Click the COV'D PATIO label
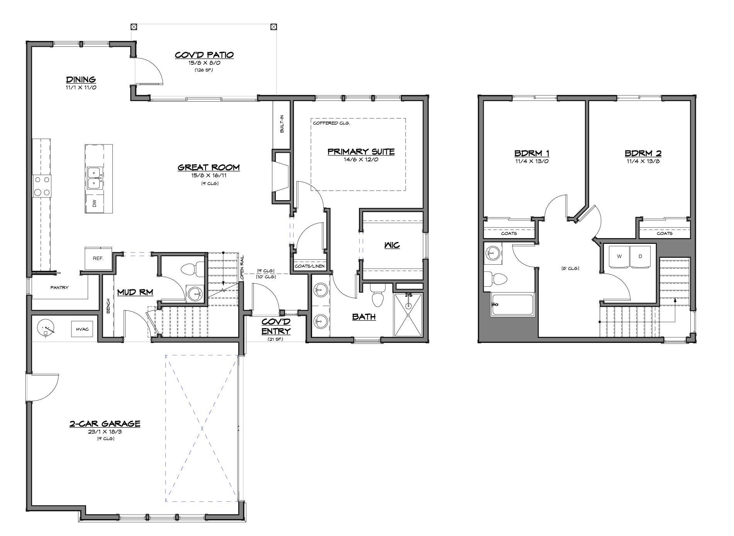pyautogui.click(x=204, y=55)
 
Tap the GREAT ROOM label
pyautogui.click(x=209, y=168)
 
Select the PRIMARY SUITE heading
pyautogui.click(x=361, y=151)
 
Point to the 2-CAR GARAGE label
pyautogui.click(x=105, y=424)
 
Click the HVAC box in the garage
pyautogui.click(x=82, y=329)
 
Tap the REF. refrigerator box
pyautogui.click(x=98, y=259)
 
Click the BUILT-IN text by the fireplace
pyautogui.click(x=282, y=124)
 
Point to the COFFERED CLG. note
pyautogui.click(x=331, y=123)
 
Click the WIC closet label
pyautogui.click(x=392, y=245)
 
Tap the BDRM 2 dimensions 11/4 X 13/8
pyautogui.click(x=643, y=161)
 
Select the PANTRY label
pyautogui.click(x=59, y=288)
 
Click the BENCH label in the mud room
pyautogui.click(x=109, y=306)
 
